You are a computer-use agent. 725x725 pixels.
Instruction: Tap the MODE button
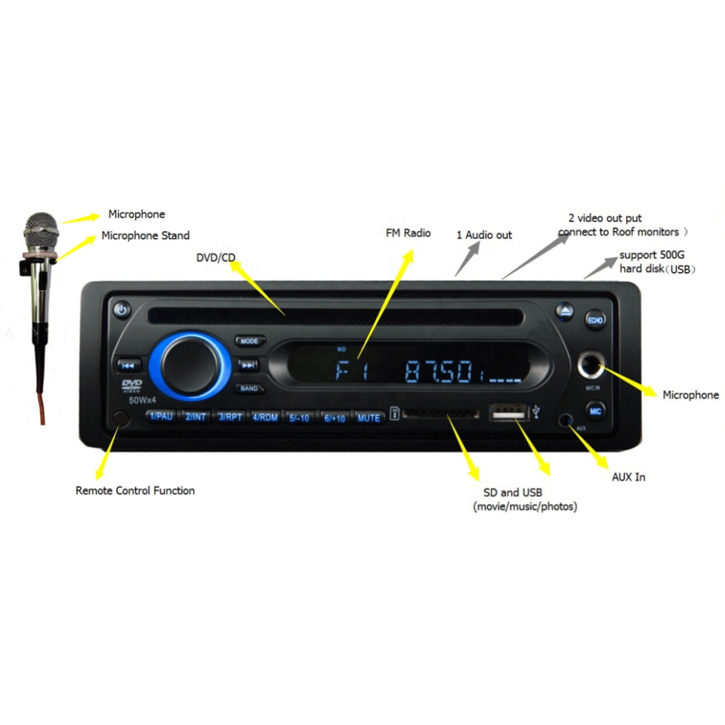(248, 341)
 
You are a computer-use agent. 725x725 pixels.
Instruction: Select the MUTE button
(369, 418)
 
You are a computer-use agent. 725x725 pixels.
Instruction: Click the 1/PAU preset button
(162, 417)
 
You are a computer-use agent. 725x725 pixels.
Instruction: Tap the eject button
(567, 311)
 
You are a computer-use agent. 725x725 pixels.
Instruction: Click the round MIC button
(595, 411)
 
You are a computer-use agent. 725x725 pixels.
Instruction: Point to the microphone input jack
(591, 368)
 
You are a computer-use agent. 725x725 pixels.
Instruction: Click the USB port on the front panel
(507, 413)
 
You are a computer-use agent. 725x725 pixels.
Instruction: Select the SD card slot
(442, 415)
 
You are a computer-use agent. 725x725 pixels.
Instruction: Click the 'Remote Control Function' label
(135, 491)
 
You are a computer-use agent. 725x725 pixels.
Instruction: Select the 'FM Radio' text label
(408, 233)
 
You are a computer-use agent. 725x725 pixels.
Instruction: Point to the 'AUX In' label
(628, 477)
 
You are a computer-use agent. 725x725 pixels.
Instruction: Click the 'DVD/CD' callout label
(216, 258)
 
